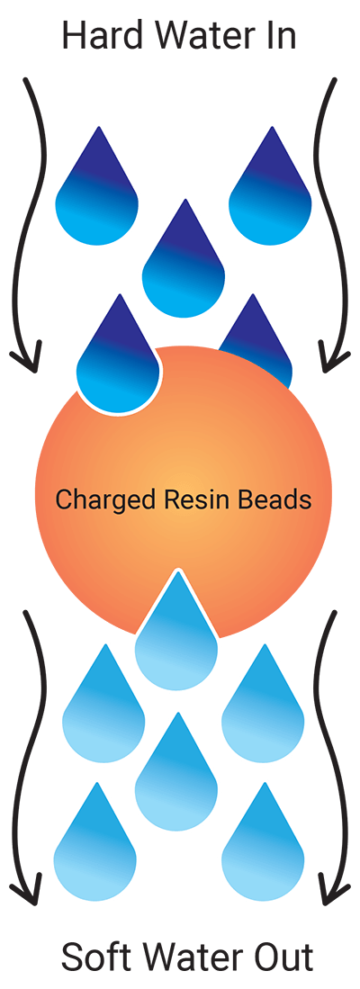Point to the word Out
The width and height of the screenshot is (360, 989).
tap(282, 957)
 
